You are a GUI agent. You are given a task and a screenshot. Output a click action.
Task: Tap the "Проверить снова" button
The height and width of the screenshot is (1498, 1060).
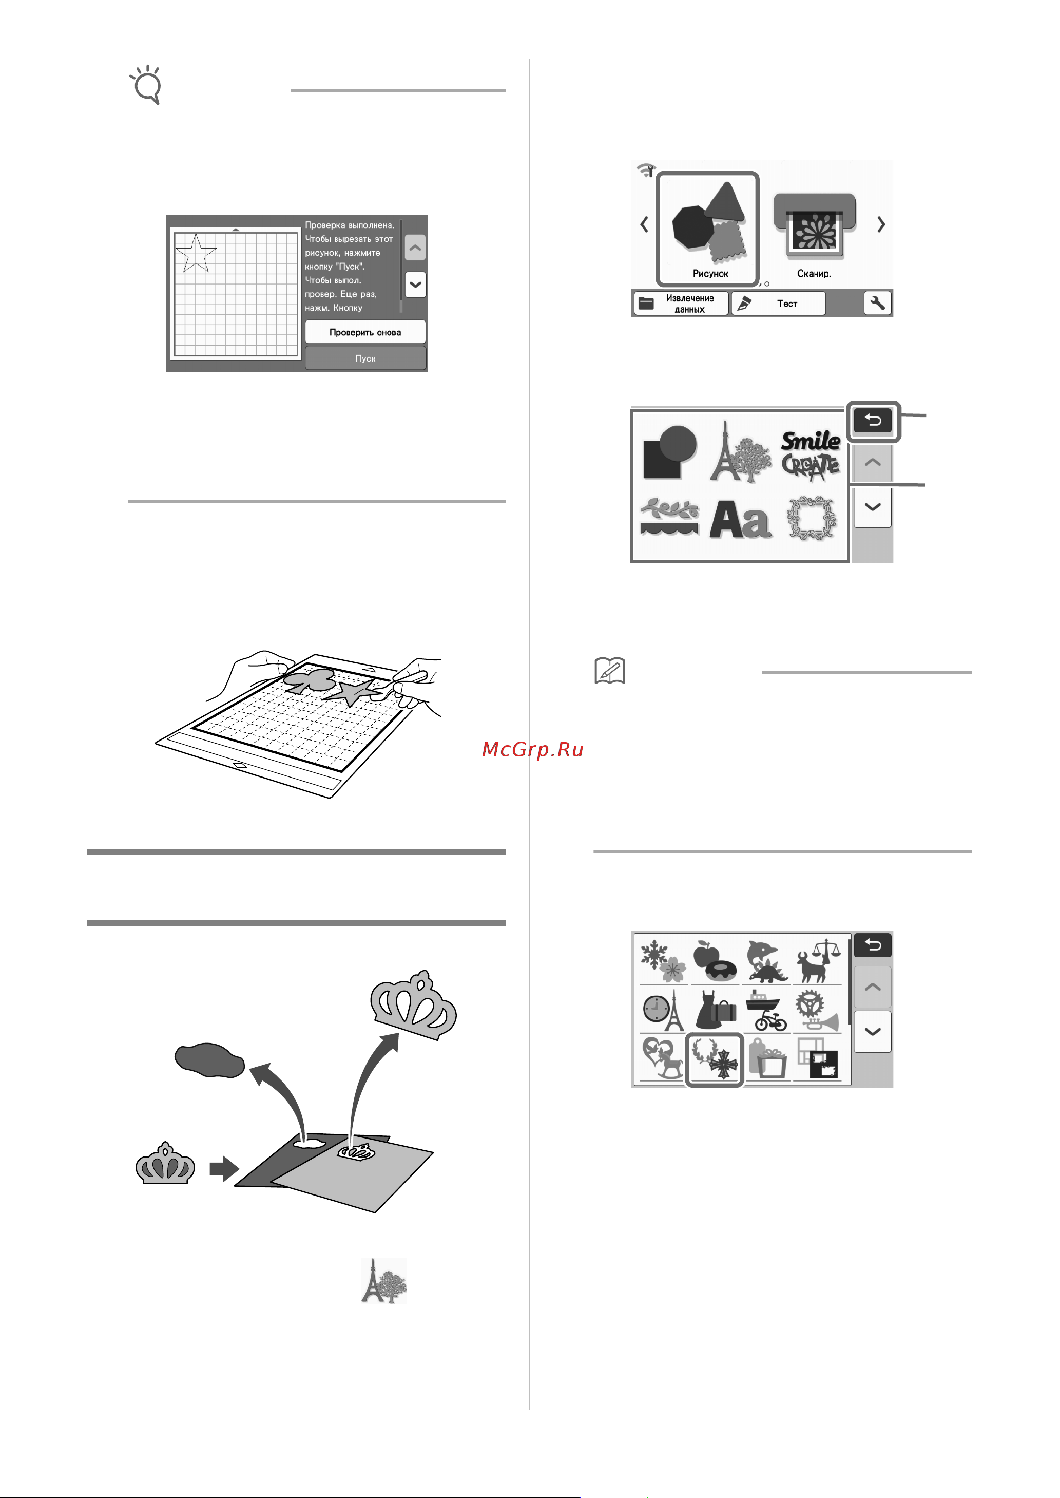pos(365,332)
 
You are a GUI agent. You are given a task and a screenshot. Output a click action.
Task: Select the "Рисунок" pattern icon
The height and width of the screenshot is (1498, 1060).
pos(707,229)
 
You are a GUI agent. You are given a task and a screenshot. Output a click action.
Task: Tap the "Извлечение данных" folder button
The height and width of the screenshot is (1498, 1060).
pos(681,304)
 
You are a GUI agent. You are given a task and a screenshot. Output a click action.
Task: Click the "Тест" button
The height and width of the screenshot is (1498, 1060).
pos(778,304)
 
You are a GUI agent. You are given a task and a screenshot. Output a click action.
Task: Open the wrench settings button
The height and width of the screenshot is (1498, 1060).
pos(878,304)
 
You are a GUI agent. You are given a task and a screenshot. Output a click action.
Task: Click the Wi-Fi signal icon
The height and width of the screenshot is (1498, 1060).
pos(646,170)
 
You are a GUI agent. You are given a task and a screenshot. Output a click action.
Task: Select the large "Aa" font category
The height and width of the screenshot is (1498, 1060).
pos(740,520)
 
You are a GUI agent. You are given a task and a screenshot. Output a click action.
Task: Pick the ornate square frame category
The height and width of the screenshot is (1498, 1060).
pos(811,519)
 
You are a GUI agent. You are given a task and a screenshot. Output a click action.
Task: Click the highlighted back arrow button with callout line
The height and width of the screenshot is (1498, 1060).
pos(873,421)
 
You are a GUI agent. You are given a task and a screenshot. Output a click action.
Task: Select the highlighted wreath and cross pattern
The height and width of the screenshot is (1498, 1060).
pos(714,1059)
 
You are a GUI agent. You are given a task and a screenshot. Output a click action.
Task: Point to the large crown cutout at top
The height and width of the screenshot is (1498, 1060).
pos(413,1006)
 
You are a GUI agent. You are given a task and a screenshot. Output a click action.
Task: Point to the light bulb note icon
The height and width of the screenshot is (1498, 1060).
pos(146,84)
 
